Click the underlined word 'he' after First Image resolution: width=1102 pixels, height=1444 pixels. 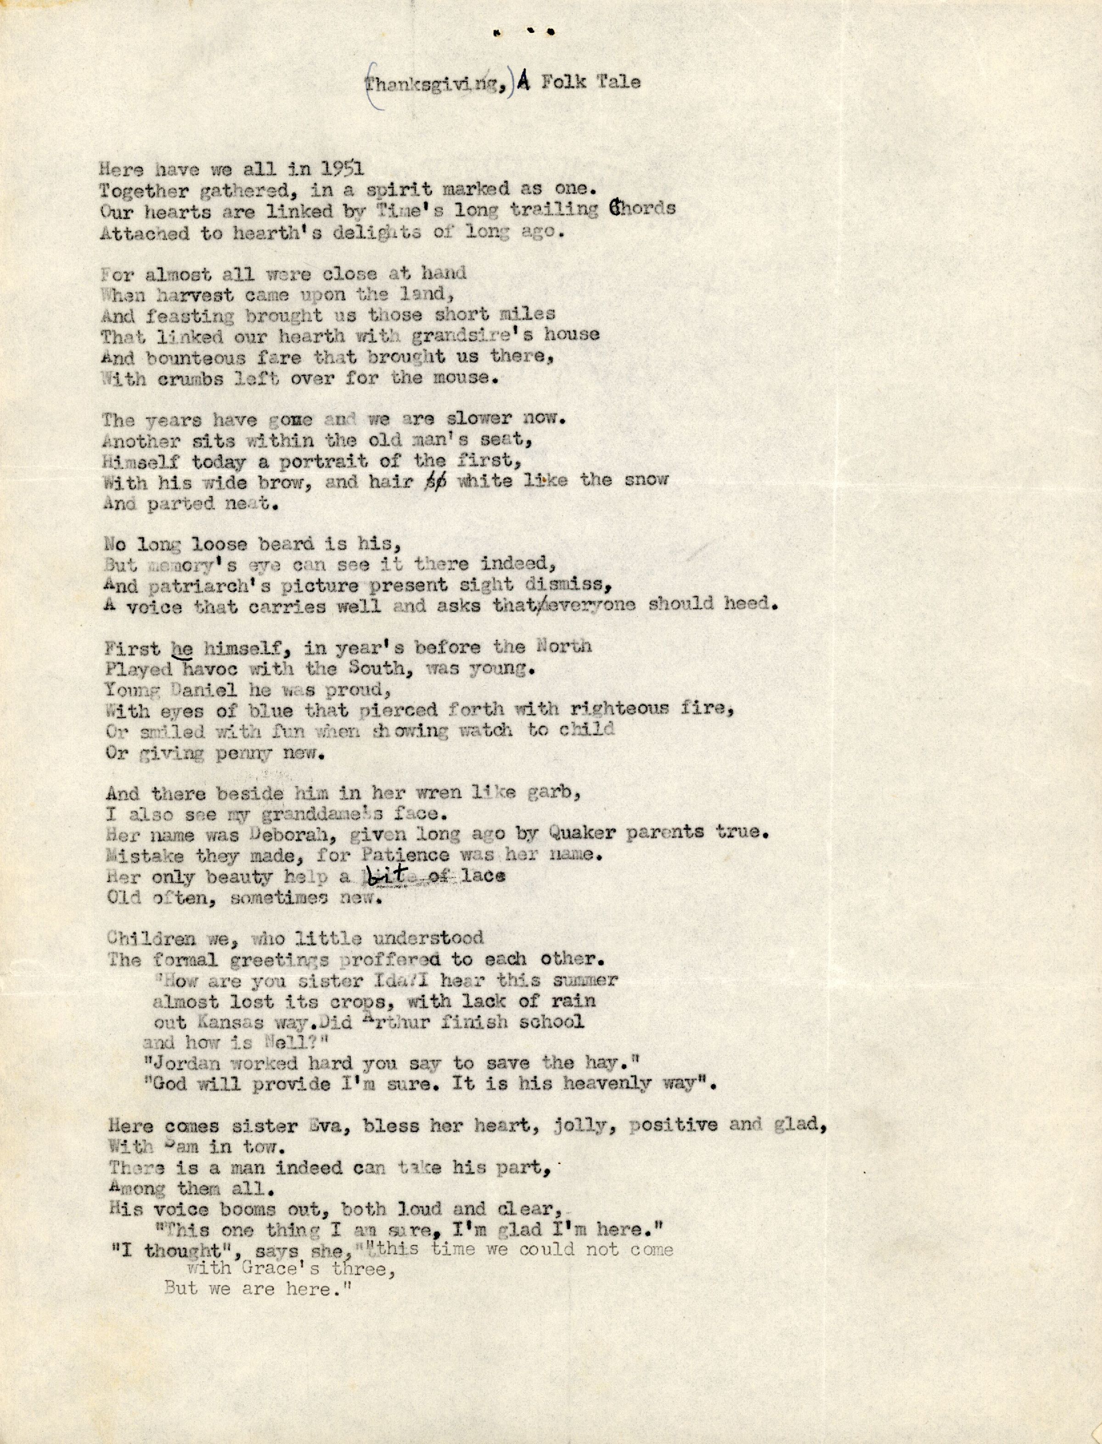click(x=182, y=648)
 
